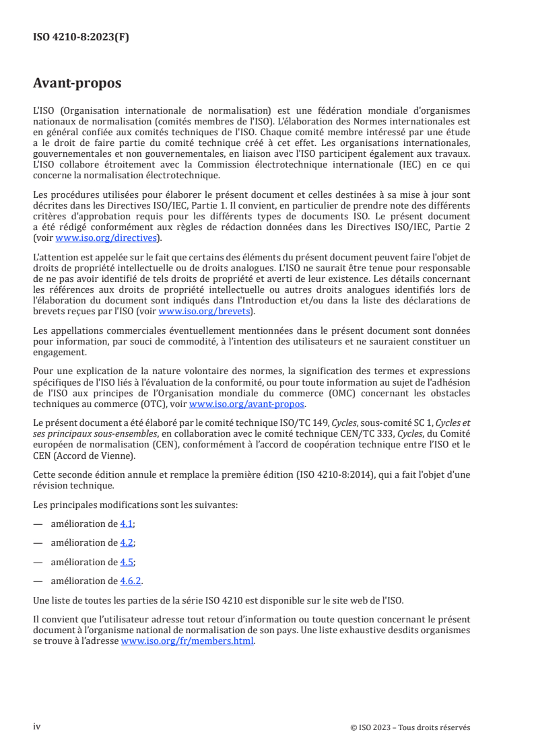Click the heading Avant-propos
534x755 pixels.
77,83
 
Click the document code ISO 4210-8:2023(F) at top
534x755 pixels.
81,38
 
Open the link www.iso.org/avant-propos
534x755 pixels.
247,404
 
